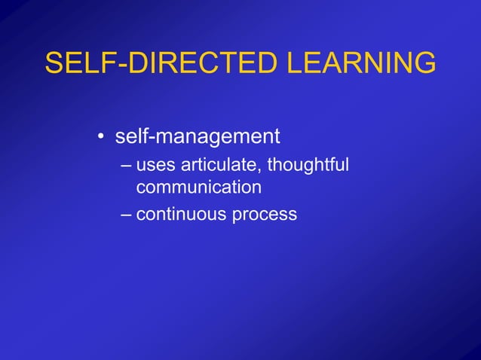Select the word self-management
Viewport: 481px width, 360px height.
tap(198, 137)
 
